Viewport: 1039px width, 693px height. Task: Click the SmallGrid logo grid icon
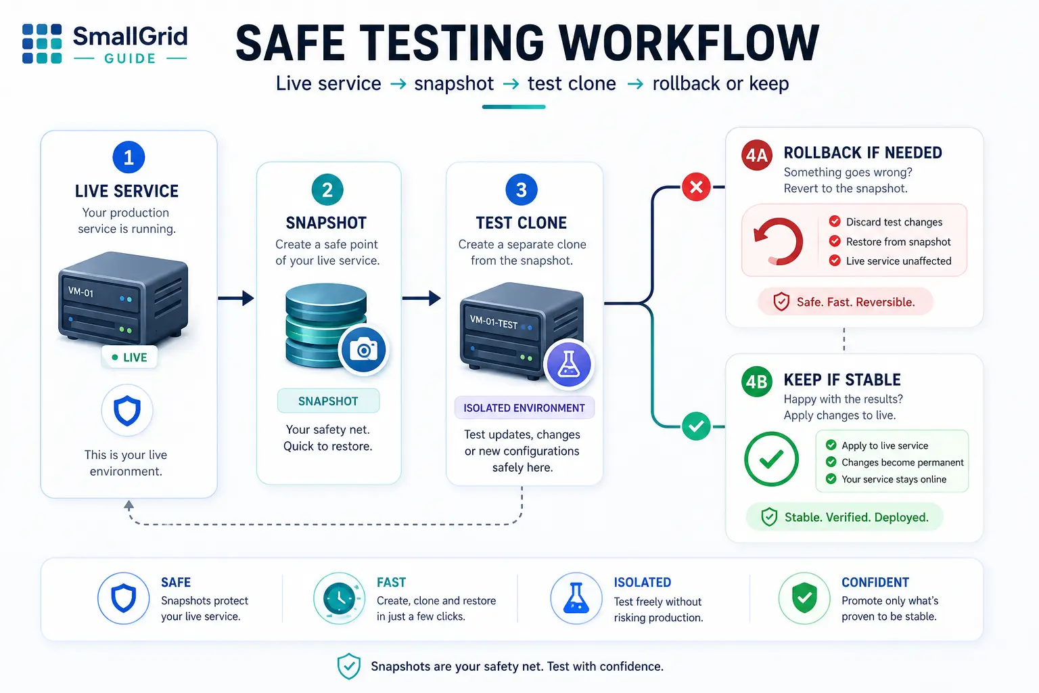click(42, 43)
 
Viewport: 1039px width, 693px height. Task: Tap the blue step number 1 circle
click(129, 158)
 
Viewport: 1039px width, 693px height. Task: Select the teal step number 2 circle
click(327, 190)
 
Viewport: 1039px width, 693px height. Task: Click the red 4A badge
click(756, 155)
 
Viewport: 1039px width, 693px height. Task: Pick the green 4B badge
click(756, 382)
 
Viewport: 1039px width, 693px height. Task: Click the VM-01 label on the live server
click(80, 292)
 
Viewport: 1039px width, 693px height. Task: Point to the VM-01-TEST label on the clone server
click(494, 321)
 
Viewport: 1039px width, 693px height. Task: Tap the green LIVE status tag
click(129, 357)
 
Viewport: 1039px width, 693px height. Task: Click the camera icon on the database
click(364, 350)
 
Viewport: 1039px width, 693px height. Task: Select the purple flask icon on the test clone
click(569, 364)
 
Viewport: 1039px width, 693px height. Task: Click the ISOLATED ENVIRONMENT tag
click(524, 408)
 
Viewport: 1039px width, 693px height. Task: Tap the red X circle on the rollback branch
click(696, 187)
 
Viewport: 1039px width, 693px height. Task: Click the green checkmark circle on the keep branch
click(696, 426)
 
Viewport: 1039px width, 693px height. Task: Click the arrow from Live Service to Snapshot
click(236, 298)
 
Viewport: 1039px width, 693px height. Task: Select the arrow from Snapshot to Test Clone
click(421, 298)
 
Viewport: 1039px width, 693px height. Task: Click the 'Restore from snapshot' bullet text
click(898, 242)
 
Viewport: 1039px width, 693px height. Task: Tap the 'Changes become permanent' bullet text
click(902, 462)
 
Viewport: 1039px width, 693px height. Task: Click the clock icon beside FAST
click(339, 598)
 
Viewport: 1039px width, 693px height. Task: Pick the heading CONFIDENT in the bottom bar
click(875, 582)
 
